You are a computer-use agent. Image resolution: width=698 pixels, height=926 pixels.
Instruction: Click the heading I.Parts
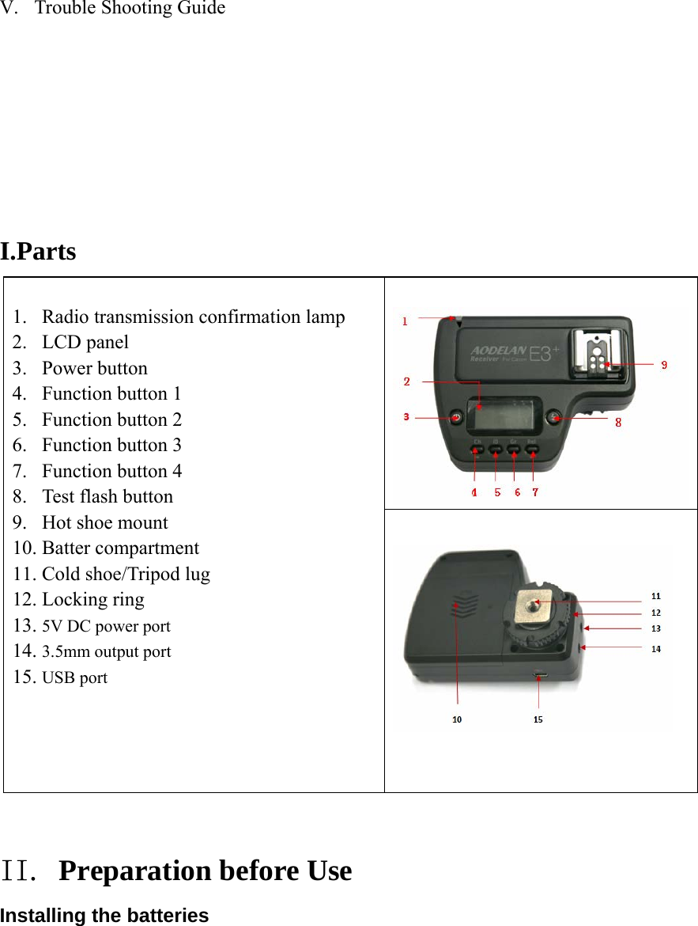click(39, 252)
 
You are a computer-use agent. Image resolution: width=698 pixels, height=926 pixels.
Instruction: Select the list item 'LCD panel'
click(85, 343)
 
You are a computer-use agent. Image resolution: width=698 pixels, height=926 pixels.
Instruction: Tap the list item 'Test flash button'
click(107, 497)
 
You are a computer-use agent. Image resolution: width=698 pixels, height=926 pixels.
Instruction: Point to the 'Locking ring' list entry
click(92, 600)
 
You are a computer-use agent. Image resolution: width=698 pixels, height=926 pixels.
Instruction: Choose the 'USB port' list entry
click(74, 678)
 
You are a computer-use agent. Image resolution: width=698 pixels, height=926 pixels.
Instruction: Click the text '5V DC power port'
click(106, 626)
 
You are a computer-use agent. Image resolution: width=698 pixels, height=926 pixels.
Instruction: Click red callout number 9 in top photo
click(664, 365)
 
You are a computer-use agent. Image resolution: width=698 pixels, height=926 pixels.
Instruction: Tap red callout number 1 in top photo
click(405, 321)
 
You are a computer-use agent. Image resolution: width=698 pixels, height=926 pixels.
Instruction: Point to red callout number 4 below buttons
click(474, 492)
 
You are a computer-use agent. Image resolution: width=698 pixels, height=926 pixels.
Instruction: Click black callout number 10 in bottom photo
click(457, 719)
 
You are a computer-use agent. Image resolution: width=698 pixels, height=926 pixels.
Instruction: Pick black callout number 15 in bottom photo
click(538, 719)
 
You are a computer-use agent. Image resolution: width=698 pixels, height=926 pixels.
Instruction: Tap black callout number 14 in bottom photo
click(655, 649)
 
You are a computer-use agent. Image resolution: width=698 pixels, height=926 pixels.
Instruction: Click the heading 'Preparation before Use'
click(206, 871)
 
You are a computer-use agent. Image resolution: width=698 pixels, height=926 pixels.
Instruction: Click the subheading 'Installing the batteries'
click(104, 916)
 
